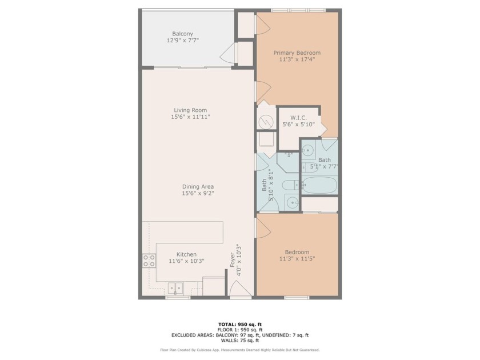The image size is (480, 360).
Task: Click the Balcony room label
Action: (x=182, y=34)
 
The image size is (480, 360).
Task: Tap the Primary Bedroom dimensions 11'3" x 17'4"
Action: (x=297, y=59)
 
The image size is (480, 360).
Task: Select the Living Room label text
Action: (x=190, y=110)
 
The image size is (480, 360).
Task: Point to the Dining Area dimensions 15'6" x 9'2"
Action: (x=198, y=193)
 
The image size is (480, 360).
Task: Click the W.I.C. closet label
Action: (x=298, y=118)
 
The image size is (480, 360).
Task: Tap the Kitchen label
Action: (x=186, y=254)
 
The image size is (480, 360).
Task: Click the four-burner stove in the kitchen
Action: (x=149, y=261)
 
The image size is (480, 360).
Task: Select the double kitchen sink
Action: (x=175, y=288)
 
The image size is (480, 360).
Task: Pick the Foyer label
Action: (x=233, y=260)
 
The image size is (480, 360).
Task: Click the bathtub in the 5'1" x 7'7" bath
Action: (x=319, y=185)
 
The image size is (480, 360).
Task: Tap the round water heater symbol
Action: (x=266, y=122)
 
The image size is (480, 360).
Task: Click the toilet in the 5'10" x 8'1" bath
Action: (x=289, y=185)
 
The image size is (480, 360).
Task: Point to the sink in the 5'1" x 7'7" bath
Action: (x=307, y=150)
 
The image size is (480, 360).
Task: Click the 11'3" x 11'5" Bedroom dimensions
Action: (x=297, y=259)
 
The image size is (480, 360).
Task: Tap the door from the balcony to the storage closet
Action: (x=229, y=53)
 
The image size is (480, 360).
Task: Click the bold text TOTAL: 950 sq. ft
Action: (x=240, y=325)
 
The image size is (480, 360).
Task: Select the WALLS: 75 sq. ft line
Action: (x=240, y=341)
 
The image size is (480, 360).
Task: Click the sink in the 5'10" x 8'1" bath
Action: (x=293, y=202)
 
